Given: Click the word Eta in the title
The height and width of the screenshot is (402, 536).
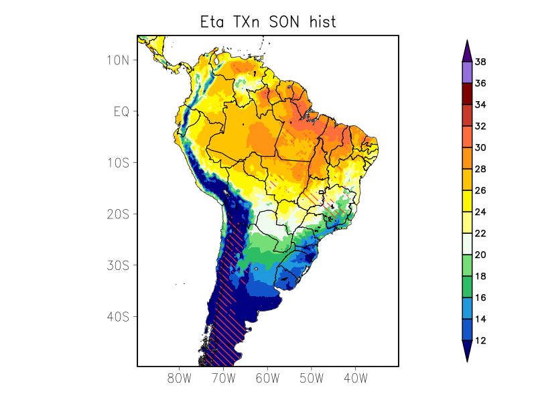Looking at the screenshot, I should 214,21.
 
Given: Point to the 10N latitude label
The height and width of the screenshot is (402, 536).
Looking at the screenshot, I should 117,60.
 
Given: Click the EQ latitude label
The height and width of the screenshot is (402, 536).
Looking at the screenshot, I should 121,111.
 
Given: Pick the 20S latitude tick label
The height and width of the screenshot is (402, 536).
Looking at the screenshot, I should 117,214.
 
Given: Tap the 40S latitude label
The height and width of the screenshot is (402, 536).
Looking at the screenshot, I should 117,316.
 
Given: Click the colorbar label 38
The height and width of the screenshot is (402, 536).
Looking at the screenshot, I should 480,62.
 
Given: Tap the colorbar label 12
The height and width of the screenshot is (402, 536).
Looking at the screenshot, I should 480,341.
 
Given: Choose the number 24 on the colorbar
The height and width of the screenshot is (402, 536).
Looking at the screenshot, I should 480,212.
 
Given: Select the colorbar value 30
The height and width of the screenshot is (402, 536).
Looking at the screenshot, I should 480,148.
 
